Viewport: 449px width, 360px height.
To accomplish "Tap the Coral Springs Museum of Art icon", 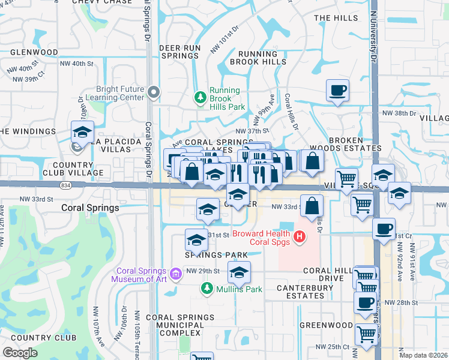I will click(x=176, y=275).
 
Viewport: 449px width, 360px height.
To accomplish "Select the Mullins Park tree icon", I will click(x=206, y=289).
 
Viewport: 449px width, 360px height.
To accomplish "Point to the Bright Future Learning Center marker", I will click(x=154, y=92).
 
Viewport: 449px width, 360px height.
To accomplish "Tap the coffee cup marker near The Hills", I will click(x=337, y=91).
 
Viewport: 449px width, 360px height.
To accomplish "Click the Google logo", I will click(x=20, y=353).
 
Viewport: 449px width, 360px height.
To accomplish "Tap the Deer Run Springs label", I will click(x=179, y=51).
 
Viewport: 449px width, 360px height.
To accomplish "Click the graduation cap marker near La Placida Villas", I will click(x=82, y=131).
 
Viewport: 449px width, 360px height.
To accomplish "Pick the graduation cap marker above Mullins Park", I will click(x=239, y=273).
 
